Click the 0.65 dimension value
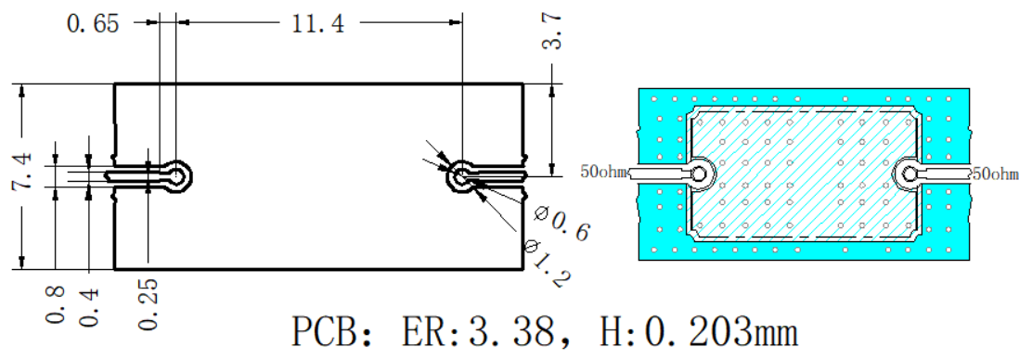click(93, 24)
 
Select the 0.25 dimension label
click(148, 302)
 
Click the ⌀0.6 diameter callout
click(561, 225)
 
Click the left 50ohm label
click(603, 173)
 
